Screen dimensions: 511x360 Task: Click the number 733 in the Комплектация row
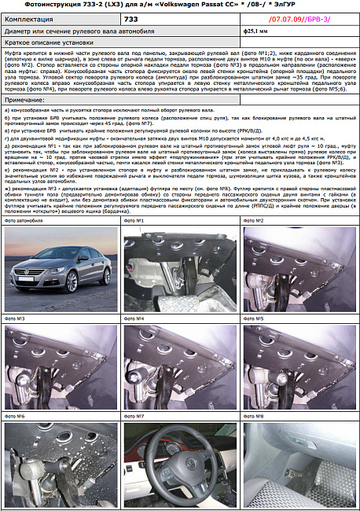pos(131,17)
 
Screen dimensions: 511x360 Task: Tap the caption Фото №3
pos(15,318)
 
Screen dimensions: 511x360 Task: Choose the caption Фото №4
pos(134,318)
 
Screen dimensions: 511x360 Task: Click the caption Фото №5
pos(255,318)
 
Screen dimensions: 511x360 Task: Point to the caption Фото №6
pos(15,415)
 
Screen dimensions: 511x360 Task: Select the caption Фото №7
pos(134,415)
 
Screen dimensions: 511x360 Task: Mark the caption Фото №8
pos(255,415)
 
